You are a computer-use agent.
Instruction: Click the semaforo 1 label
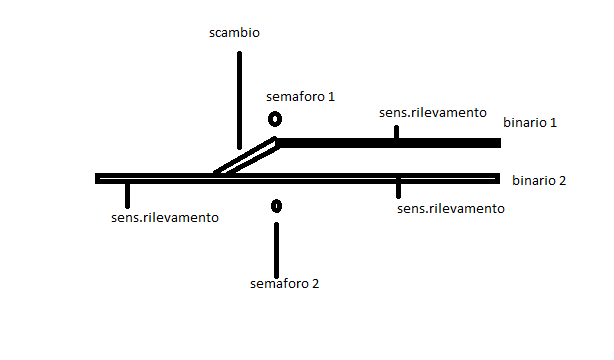point(300,97)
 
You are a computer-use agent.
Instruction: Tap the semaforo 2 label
point(284,283)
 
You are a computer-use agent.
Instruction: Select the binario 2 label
point(538,181)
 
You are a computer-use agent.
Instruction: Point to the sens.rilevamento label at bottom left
point(165,216)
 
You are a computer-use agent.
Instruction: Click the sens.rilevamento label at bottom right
point(450,208)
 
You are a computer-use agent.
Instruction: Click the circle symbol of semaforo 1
point(275,119)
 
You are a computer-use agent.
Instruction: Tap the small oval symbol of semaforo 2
point(276,206)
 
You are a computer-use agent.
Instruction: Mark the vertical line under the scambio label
point(239,100)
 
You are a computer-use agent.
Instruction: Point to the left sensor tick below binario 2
point(126,194)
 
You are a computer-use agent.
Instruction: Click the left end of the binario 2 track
point(99,178)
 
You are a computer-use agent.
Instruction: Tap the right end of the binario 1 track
point(496,144)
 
